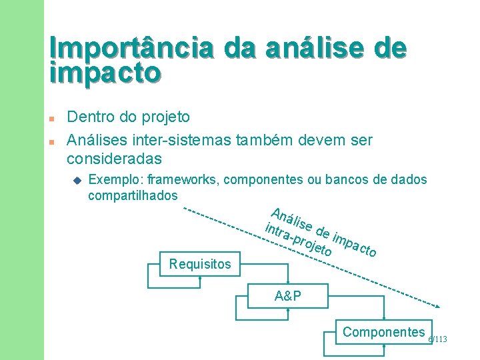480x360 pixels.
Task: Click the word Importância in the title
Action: [x=132, y=49]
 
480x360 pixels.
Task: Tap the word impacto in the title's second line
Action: [x=105, y=73]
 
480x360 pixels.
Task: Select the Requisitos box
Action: [x=200, y=264]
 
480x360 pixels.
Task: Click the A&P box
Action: [x=287, y=296]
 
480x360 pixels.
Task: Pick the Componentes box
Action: [x=383, y=332]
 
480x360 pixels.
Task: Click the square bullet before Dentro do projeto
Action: [x=52, y=118]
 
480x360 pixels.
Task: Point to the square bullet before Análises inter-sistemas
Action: [x=52, y=142]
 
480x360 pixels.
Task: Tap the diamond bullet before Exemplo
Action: [x=77, y=180]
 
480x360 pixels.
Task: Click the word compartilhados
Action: [x=133, y=195]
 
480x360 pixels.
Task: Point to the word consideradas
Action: [x=114, y=159]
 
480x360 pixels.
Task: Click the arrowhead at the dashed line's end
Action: [x=437, y=307]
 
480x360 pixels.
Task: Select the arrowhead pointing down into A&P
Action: [x=287, y=283]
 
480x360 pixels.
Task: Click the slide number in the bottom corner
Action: [x=437, y=340]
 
